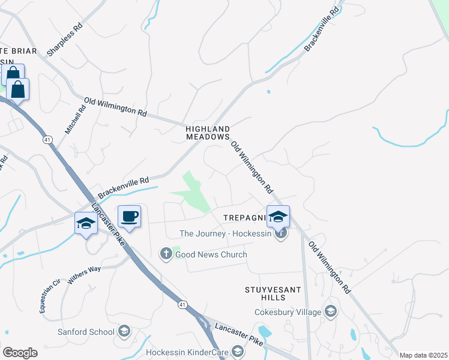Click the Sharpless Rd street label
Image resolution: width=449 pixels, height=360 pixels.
64,40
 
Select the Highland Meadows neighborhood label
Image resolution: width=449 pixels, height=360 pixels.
208,133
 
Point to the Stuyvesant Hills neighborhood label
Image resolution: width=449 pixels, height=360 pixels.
273,293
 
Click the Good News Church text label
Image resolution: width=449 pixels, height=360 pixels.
211,254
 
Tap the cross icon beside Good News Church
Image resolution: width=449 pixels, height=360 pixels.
166,254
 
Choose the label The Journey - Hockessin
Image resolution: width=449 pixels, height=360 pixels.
226,233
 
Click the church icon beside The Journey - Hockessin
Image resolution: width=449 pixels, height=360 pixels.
280,233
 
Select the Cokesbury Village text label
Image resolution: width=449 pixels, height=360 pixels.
288,311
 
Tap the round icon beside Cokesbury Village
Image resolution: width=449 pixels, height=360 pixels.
330,311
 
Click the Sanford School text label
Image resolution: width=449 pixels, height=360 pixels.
86,332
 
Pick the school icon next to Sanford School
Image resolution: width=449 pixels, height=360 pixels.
124,331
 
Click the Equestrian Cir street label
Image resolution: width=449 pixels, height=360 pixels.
50,293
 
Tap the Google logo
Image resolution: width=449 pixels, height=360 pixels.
20,352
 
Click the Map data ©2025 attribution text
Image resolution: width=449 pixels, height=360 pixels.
423,355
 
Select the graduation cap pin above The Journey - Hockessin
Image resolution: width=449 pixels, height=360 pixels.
279,217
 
